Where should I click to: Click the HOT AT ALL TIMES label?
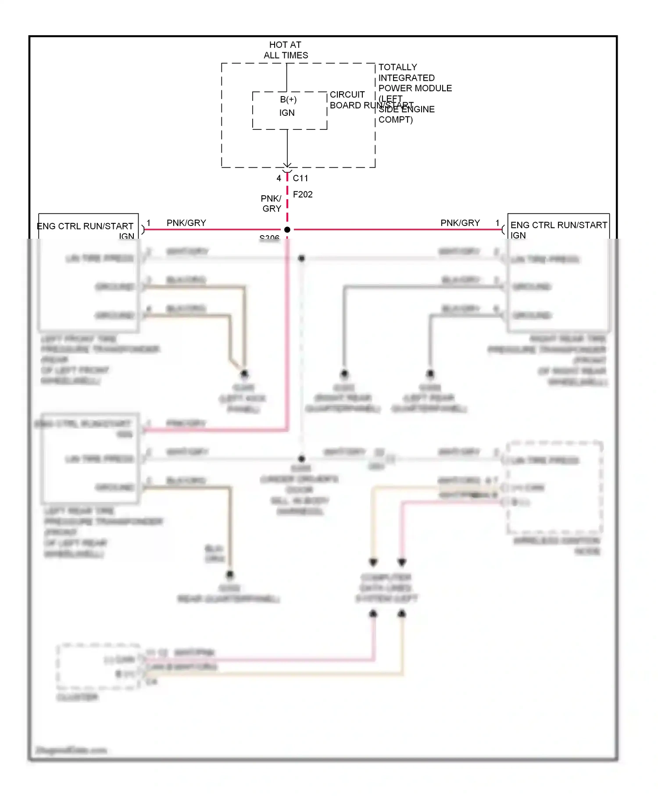coord(286,50)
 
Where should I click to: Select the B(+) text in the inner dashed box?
coord(288,100)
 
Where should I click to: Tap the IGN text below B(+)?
coord(287,113)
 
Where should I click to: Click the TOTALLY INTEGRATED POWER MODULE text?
coord(415,78)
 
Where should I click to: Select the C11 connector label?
coord(300,178)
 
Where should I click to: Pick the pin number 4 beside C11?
coord(279,178)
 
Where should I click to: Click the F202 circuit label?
coord(303,194)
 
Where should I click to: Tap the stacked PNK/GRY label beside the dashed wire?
coord(272,204)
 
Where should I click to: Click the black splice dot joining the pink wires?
coord(287,229)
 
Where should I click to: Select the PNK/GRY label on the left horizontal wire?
coord(186,223)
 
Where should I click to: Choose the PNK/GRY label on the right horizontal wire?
coord(460,223)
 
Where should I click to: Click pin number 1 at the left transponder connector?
coord(149,223)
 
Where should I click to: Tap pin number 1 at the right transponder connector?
coord(497,223)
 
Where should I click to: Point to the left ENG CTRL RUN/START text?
coord(85,226)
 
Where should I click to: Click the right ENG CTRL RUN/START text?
coord(558,225)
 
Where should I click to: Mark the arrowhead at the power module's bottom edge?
coord(287,165)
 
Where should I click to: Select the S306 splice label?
coord(269,237)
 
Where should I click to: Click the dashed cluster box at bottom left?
coord(98,667)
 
